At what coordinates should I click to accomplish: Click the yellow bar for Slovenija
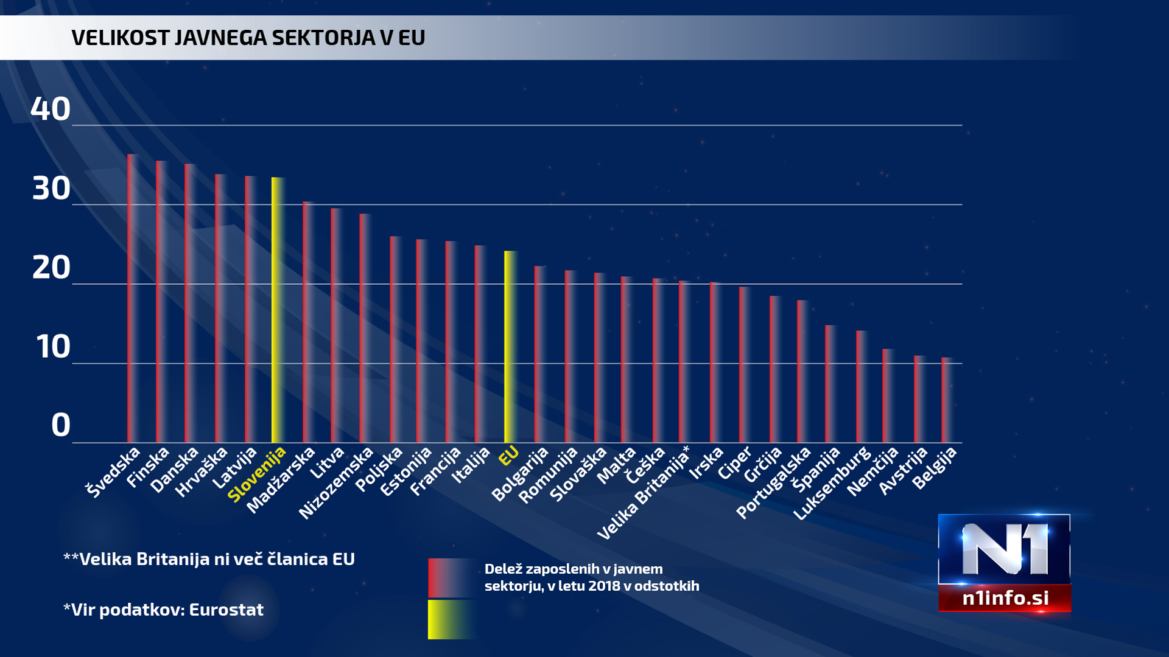pos(278,310)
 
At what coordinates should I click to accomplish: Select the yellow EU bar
pos(510,347)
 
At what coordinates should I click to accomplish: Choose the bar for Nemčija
pos(888,396)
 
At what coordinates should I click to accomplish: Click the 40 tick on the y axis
pos(51,109)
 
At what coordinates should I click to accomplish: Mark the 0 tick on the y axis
pos(60,425)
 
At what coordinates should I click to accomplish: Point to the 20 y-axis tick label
pos(51,268)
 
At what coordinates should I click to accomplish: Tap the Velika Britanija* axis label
pos(643,493)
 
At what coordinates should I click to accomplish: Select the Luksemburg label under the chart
pos(832,484)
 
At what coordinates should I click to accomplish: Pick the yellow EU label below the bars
pos(508,456)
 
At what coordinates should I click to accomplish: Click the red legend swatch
pos(451,578)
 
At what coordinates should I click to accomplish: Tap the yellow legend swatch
pos(451,619)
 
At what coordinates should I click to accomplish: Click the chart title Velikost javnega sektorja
pos(248,38)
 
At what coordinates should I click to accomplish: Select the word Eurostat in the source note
pos(226,610)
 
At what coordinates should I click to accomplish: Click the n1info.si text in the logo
pos(1005,598)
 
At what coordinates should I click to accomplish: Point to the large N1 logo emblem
pos(1004,550)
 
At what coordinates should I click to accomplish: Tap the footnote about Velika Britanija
pos(209,559)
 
